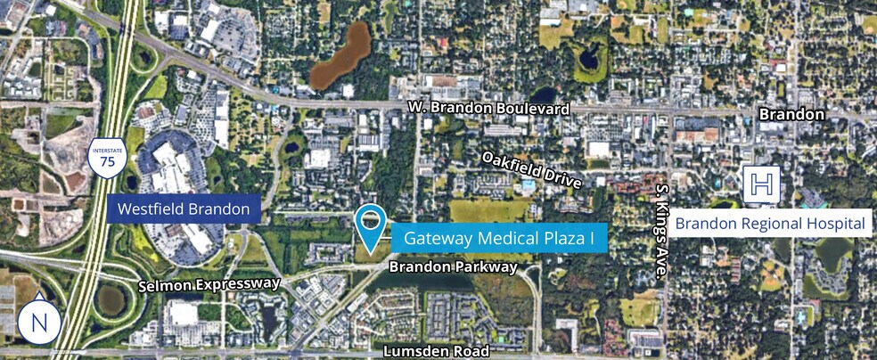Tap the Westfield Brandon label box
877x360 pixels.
(x=184, y=211)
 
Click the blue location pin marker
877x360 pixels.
(x=369, y=225)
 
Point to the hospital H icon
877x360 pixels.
(x=761, y=184)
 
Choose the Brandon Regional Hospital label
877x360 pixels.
(x=770, y=223)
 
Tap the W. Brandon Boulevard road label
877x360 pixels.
(x=488, y=108)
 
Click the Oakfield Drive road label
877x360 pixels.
(x=531, y=169)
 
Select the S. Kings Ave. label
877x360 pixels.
(x=661, y=232)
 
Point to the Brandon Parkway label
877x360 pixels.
(x=452, y=266)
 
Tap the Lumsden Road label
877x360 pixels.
(x=436, y=351)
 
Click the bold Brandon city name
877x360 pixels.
(x=791, y=115)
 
